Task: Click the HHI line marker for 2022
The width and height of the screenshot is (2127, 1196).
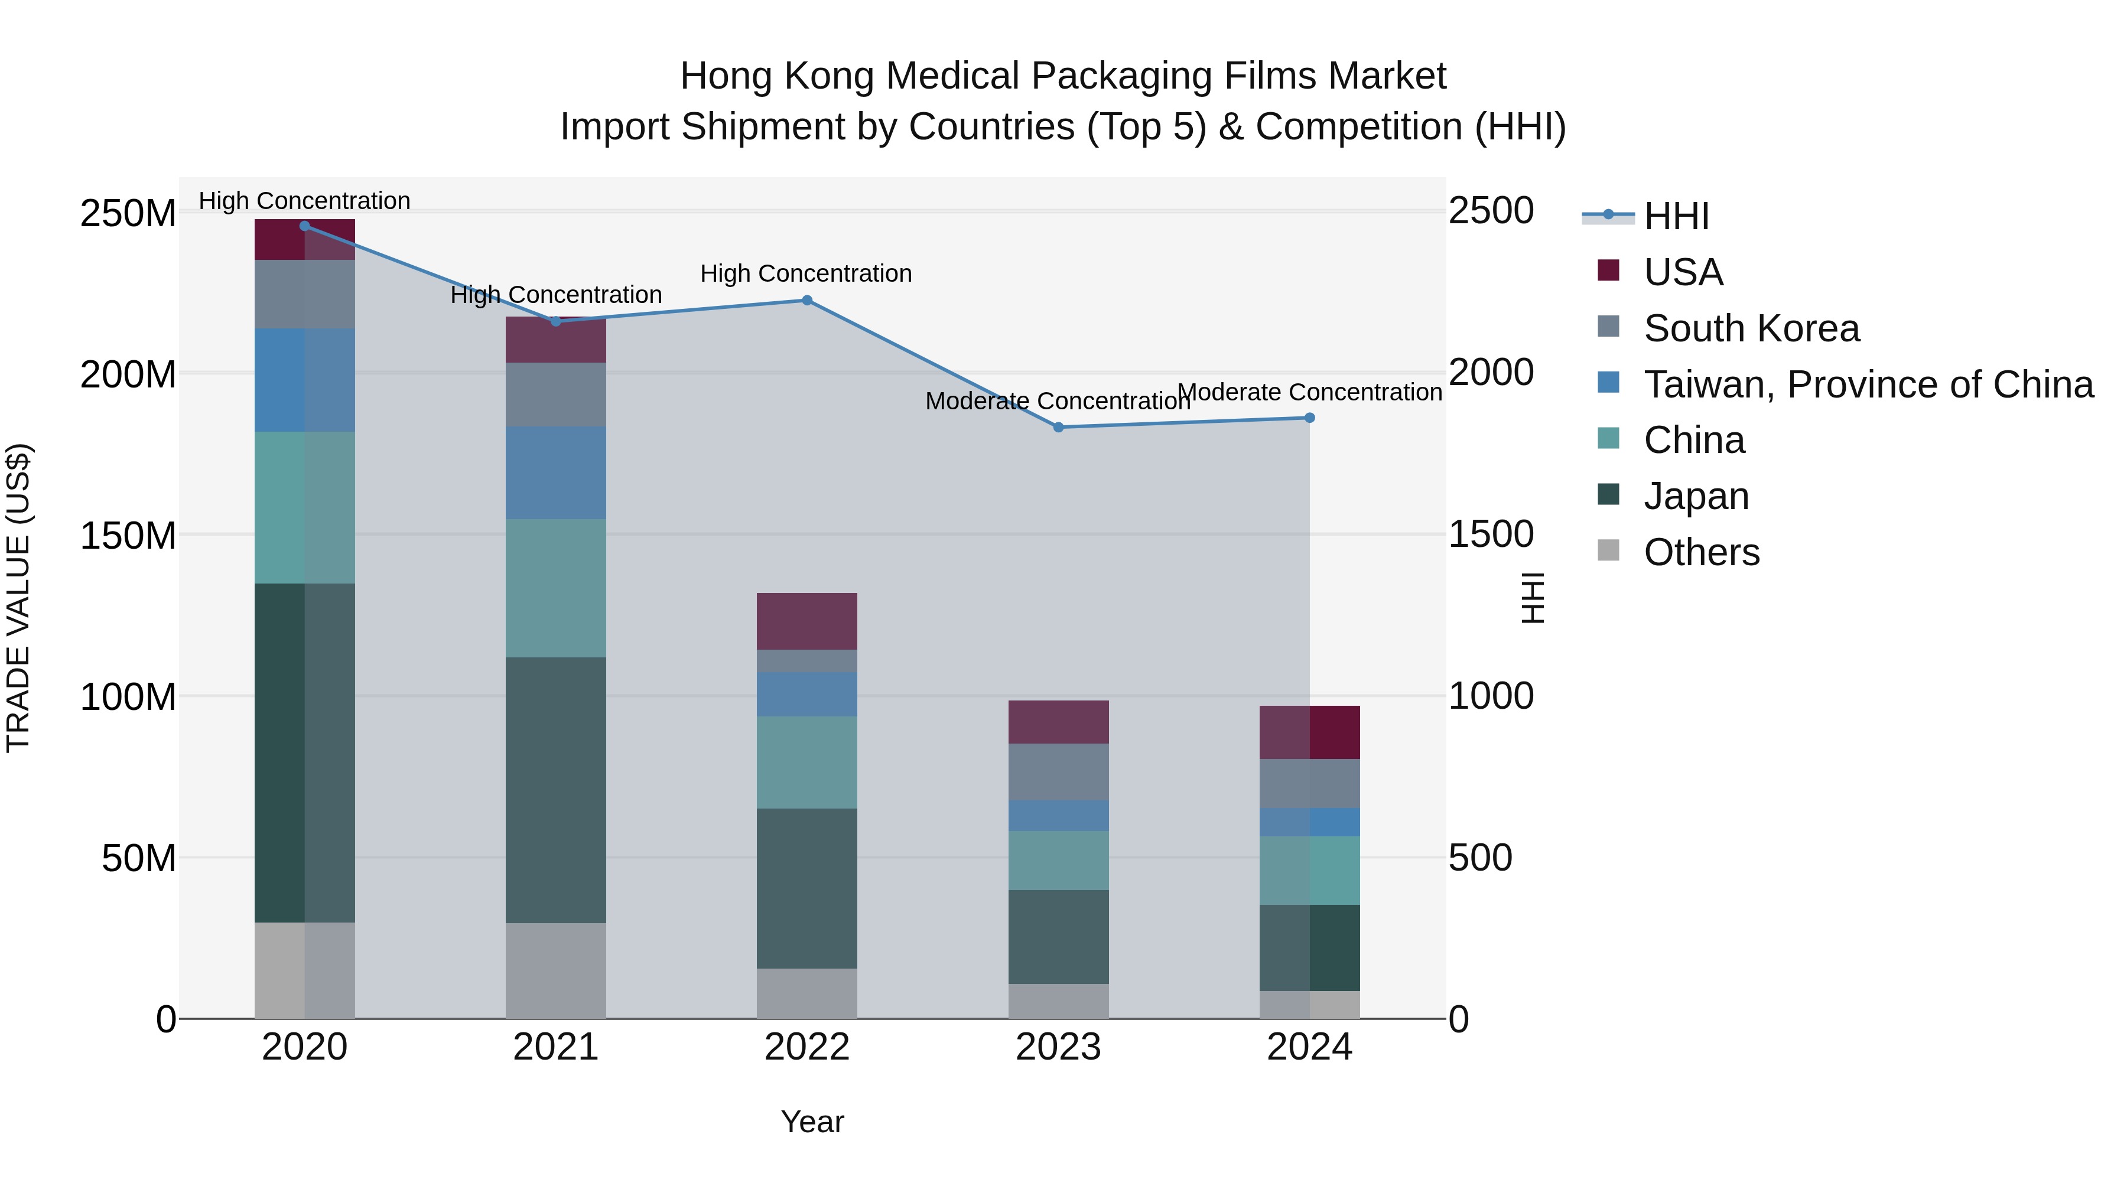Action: (x=806, y=301)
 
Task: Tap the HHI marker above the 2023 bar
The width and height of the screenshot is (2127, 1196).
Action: (x=1059, y=428)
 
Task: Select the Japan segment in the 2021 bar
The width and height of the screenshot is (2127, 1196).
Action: (x=556, y=790)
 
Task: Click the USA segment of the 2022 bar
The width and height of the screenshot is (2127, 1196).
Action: (x=806, y=621)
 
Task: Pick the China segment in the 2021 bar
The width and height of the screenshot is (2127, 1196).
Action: (x=556, y=588)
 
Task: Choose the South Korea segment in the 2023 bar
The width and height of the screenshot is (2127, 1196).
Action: (x=1059, y=772)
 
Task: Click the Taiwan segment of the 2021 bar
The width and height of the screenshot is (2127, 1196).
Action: (x=556, y=472)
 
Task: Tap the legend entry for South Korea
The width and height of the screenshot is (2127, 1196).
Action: (x=1751, y=328)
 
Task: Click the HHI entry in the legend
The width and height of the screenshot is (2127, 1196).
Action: (x=1676, y=216)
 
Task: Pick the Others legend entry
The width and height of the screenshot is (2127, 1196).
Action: (x=1701, y=552)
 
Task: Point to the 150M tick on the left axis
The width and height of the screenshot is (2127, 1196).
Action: (x=128, y=536)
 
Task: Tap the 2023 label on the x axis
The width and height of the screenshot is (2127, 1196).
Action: (x=1059, y=1047)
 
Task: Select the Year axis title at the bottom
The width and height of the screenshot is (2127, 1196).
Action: (x=812, y=1122)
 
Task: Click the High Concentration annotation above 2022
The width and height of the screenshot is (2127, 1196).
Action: (x=806, y=273)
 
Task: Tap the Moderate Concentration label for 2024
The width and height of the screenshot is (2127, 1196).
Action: (x=1309, y=392)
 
